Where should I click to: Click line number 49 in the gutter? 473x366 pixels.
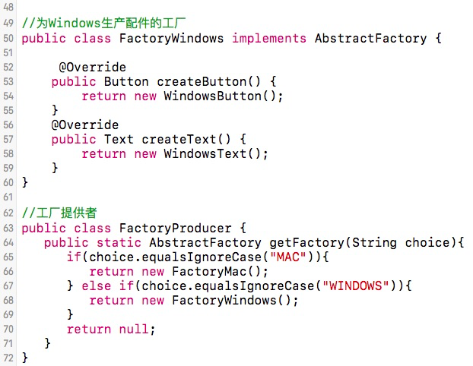point(8,24)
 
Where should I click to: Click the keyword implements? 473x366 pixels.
point(269,38)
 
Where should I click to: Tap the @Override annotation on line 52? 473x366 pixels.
point(92,67)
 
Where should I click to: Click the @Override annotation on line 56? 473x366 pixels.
point(84,125)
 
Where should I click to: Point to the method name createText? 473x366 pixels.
point(186,139)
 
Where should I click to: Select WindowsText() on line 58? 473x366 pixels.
point(216,153)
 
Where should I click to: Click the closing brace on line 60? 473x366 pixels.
point(25,182)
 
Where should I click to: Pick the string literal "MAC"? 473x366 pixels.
point(290,257)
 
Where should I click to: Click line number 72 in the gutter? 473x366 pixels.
point(8,358)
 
